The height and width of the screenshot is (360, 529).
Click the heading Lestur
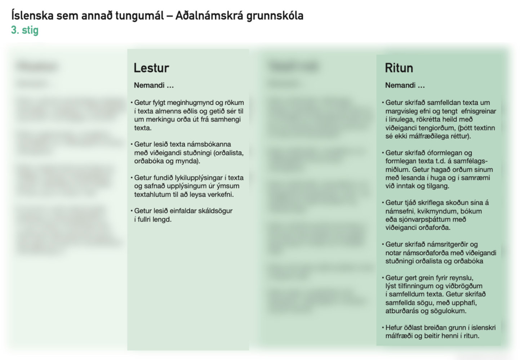151,68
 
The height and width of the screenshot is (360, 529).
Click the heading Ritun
399,68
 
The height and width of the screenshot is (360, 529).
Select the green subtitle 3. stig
25,30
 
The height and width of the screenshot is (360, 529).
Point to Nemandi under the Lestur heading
149,85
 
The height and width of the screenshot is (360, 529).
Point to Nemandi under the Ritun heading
400,85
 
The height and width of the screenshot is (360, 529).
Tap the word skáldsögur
214,211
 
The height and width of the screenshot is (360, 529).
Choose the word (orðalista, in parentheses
228,153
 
